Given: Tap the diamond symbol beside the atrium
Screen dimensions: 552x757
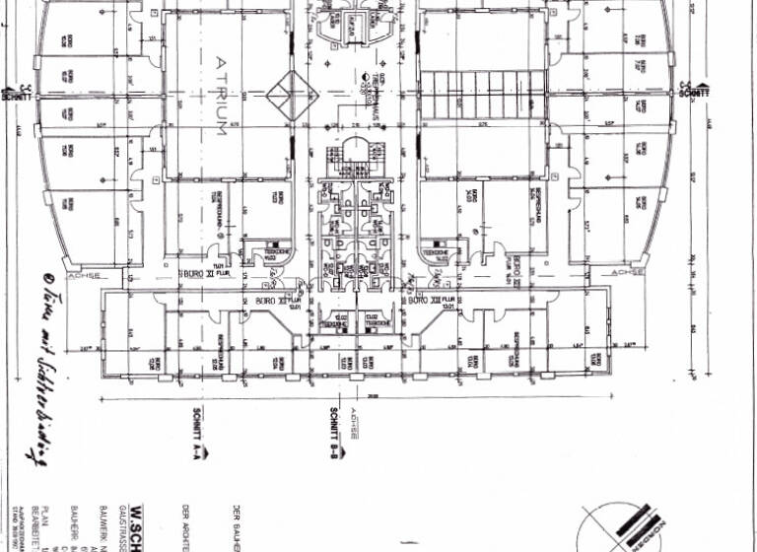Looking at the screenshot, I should click(x=281, y=95).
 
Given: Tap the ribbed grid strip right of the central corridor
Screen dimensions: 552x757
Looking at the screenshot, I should click(x=482, y=95).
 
